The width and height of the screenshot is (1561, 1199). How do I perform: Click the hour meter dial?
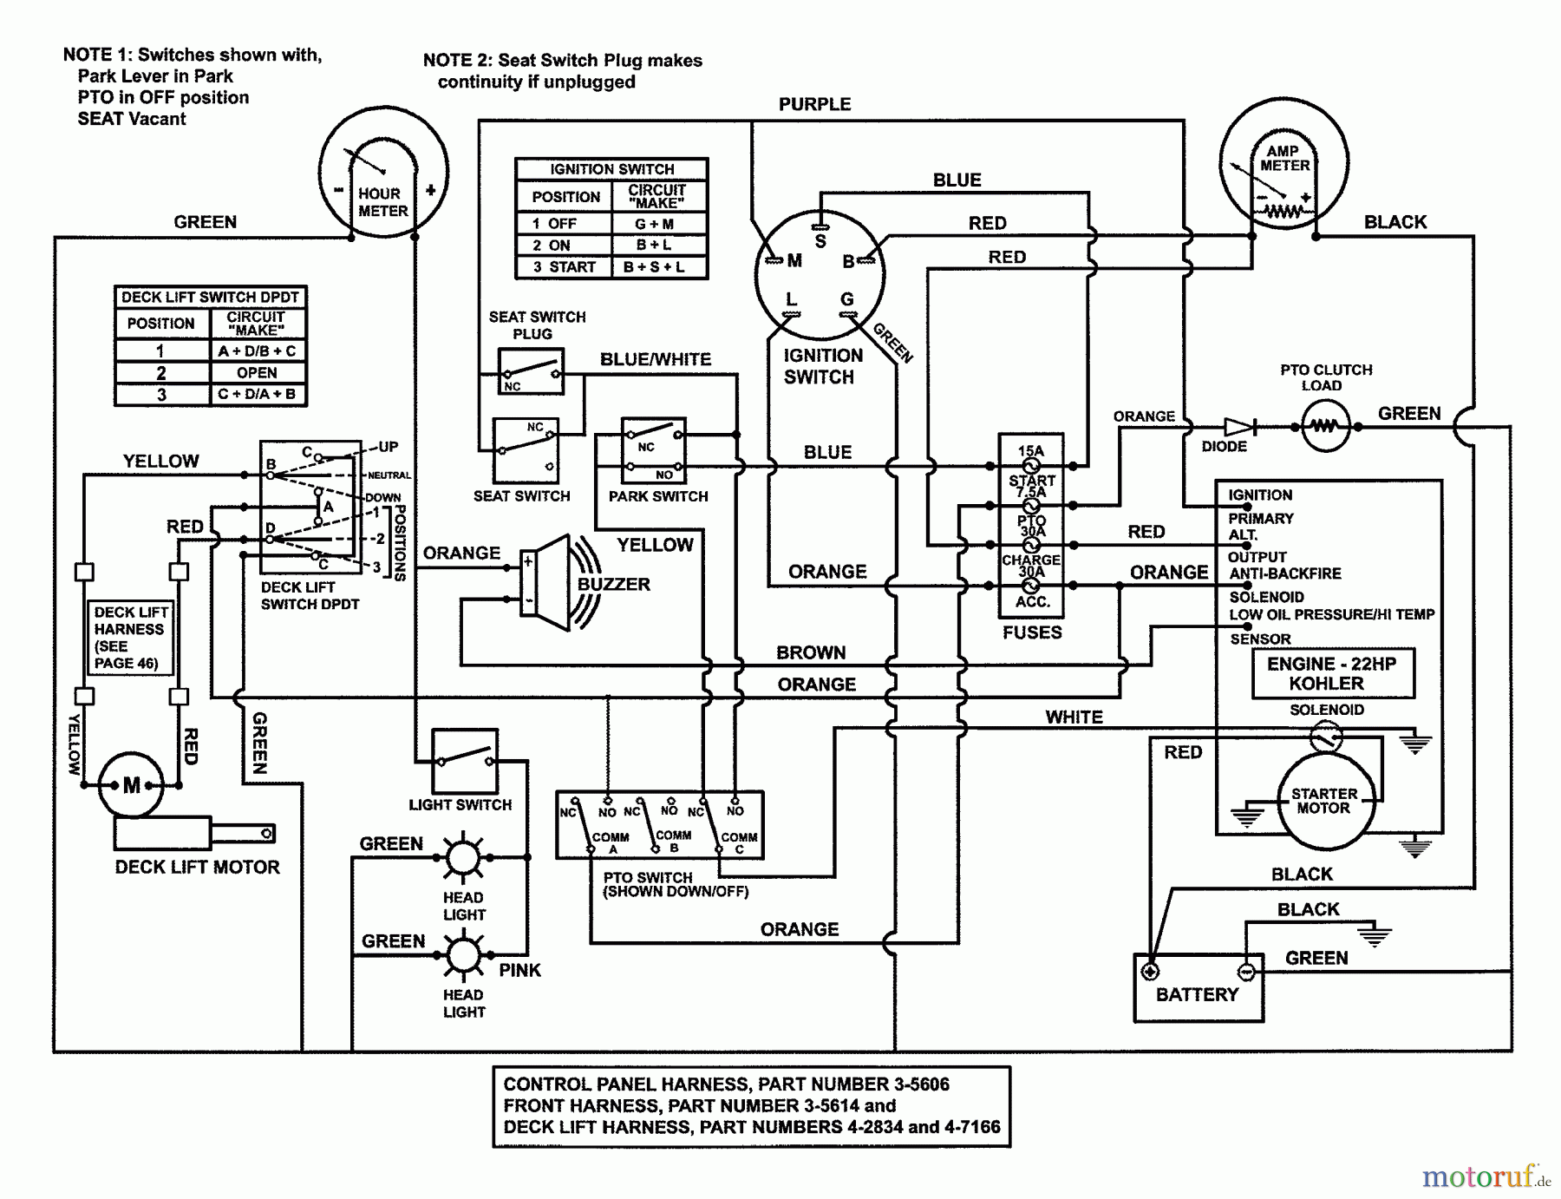(383, 178)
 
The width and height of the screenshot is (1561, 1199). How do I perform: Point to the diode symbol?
(1238, 427)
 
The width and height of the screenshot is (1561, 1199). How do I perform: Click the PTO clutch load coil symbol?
(1325, 427)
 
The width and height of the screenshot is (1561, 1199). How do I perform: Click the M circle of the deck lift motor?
(131, 785)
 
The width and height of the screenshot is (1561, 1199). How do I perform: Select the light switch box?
(465, 761)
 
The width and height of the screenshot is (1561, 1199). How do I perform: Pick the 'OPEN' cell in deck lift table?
(258, 373)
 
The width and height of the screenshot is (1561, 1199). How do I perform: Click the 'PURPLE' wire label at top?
(814, 104)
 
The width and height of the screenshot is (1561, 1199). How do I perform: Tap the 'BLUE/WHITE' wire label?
(656, 359)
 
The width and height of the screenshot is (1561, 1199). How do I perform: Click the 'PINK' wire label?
(519, 970)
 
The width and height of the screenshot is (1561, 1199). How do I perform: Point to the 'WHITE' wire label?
(1074, 717)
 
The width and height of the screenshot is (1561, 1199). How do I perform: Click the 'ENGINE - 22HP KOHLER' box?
(1332, 673)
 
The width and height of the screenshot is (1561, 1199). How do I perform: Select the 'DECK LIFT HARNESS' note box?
(130, 638)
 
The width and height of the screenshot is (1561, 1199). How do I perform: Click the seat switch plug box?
(531, 371)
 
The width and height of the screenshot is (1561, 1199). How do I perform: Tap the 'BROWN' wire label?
(811, 652)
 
